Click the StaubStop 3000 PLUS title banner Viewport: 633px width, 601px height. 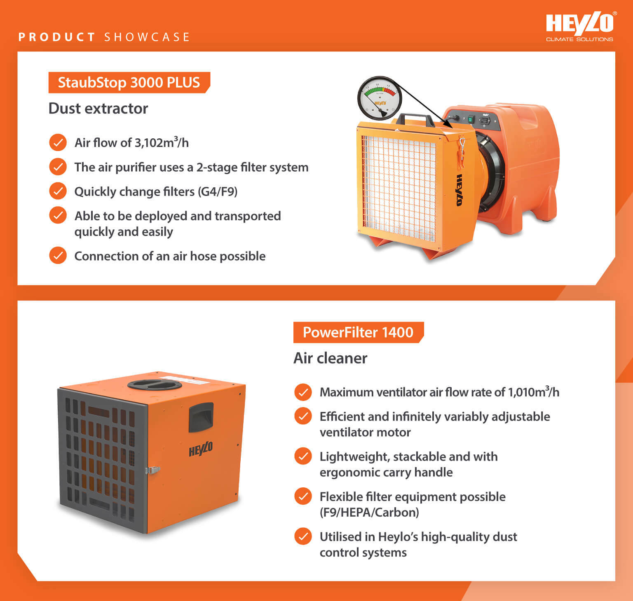[x=129, y=82]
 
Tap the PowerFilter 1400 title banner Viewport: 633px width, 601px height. [x=358, y=332]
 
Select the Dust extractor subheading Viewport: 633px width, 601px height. [x=98, y=109]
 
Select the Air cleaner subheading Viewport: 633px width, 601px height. [x=330, y=358]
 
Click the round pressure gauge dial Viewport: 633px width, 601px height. [x=379, y=98]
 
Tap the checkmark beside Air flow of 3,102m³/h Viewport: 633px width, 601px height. [x=58, y=142]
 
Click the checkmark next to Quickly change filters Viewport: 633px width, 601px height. [x=58, y=191]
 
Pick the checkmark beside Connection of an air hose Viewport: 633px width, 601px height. [x=58, y=256]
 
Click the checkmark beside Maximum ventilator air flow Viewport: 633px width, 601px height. [x=303, y=392]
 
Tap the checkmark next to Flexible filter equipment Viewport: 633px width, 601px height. [x=303, y=496]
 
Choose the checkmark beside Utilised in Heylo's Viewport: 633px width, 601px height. [x=303, y=536]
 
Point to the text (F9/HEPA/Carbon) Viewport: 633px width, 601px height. [x=369, y=512]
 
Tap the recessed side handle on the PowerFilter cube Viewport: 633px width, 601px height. [x=201, y=417]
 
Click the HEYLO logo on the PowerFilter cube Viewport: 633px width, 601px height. [x=201, y=449]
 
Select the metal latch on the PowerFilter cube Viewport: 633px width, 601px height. [x=153, y=470]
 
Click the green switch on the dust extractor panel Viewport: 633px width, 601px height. [x=471, y=120]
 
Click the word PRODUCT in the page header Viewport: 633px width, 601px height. [x=57, y=37]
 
